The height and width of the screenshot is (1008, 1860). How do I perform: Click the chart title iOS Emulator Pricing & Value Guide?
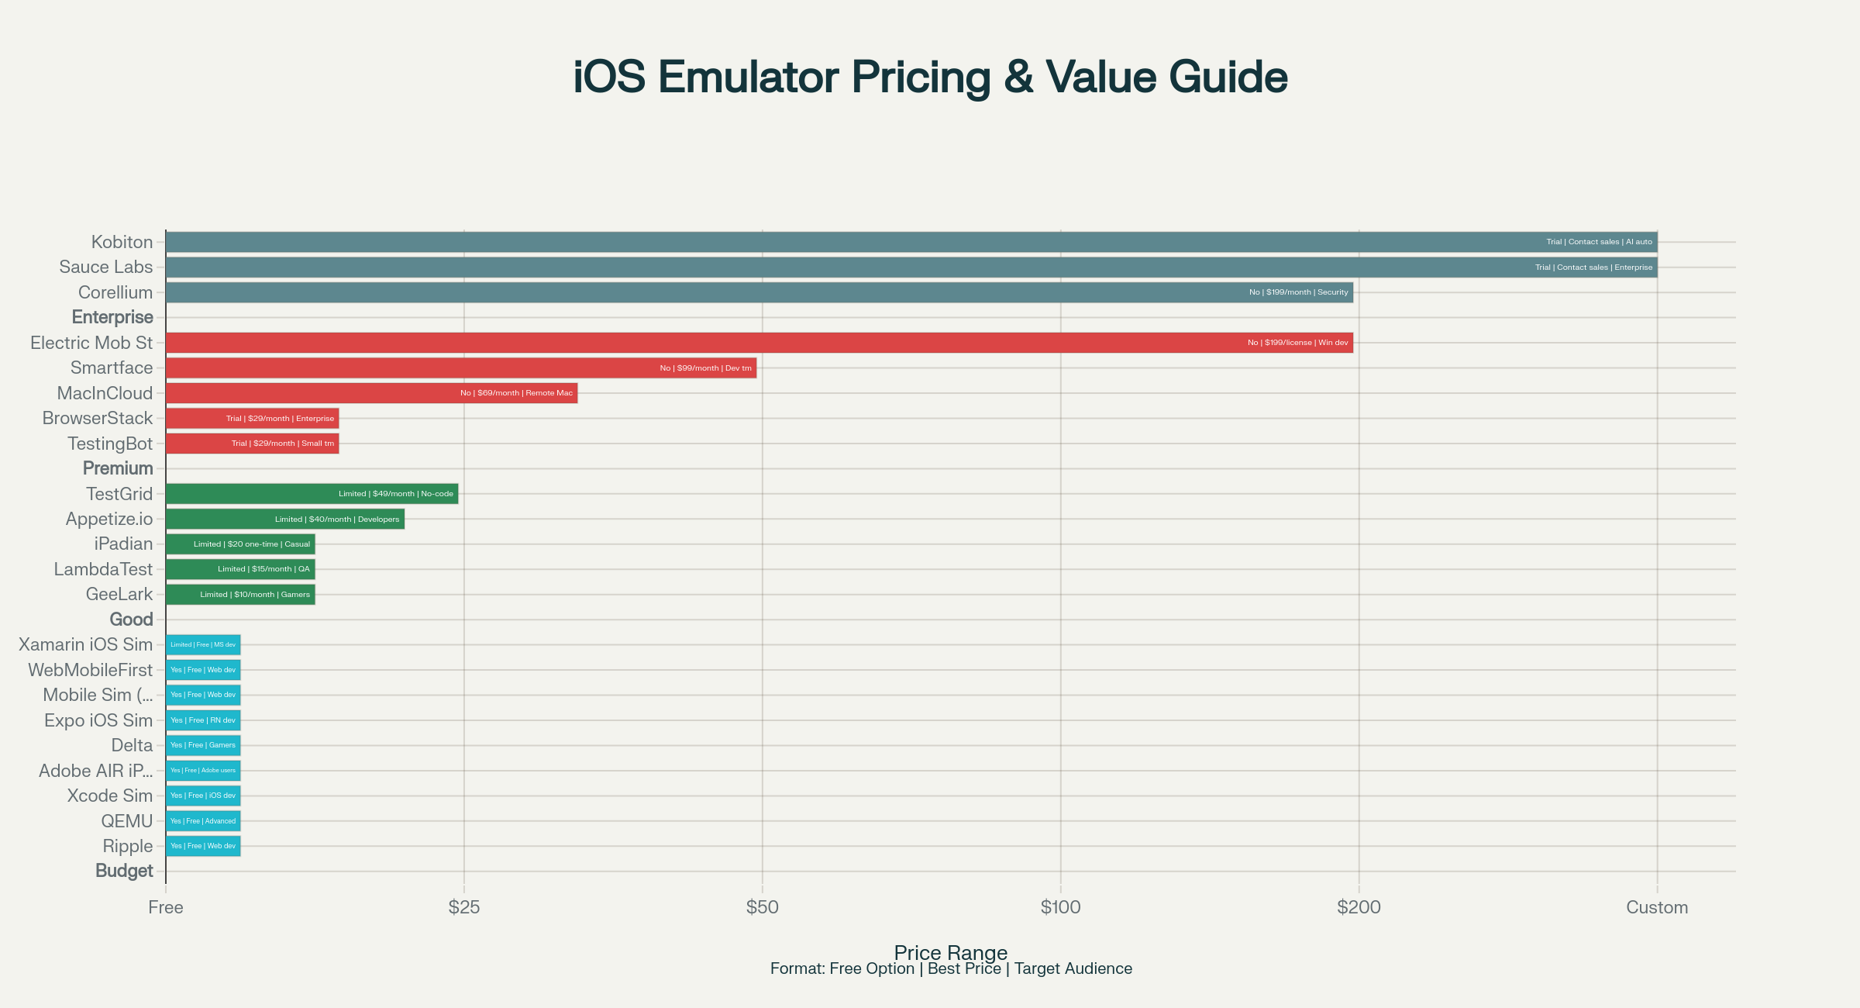click(x=930, y=77)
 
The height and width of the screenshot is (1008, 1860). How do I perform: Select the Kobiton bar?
click(x=911, y=242)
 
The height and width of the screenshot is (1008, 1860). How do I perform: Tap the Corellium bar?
click(x=759, y=292)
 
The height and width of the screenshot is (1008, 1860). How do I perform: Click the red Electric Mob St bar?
click(x=759, y=343)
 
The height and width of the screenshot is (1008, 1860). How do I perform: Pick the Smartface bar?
click(x=460, y=368)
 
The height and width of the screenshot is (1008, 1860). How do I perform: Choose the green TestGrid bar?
click(x=312, y=494)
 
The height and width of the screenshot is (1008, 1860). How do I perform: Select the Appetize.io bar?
click(x=284, y=519)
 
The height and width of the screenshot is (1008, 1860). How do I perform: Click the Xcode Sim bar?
click(x=203, y=796)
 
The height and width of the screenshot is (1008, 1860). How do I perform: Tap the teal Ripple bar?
click(x=203, y=846)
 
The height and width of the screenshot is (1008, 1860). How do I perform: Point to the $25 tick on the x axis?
click(x=464, y=907)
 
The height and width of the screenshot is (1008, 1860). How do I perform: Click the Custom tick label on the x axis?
click(x=1656, y=907)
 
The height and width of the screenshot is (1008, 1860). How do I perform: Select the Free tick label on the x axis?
click(x=166, y=907)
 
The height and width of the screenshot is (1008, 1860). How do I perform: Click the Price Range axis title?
click(x=950, y=952)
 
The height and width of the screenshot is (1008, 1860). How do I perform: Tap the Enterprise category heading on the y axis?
click(x=112, y=317)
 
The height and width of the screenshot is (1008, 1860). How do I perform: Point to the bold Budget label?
click(x=124, y=871)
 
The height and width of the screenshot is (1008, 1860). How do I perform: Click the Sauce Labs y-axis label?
click(x=106, y=268)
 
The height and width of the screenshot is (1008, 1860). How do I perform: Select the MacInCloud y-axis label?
click(x=105, y=393)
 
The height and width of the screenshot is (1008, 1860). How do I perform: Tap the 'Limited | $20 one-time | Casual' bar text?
click(x=252, y=544)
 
